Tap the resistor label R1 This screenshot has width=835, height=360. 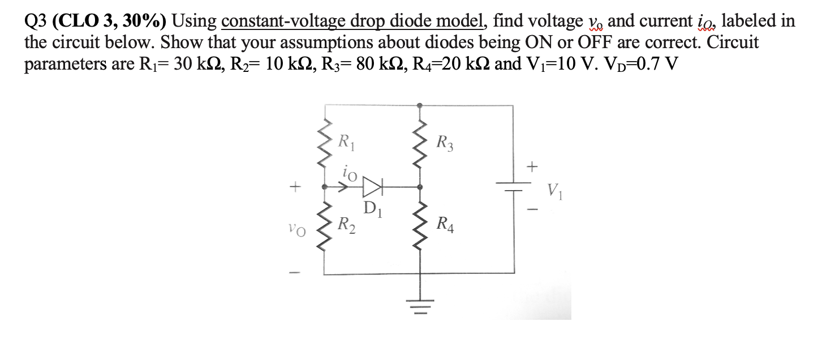[343, 141]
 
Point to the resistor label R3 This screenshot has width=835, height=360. [444, 141]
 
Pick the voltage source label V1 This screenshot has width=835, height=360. [555, 190]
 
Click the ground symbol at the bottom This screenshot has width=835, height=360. [419, 302]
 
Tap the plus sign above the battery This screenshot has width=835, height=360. [531, 166]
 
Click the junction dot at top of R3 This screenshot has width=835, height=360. [419, 105]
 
